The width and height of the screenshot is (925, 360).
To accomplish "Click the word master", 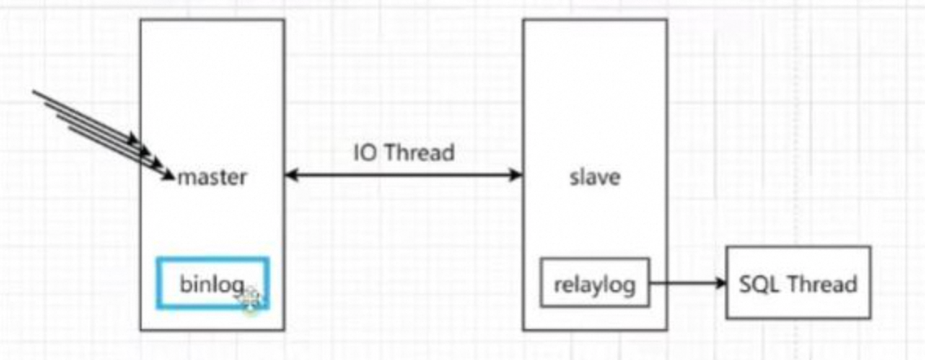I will [x=212, y=176].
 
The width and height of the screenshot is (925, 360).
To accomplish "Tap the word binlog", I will [x=211, y=284].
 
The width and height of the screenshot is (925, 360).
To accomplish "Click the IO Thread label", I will [x=403, y=152].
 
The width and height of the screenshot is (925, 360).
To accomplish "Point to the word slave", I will [x=594, y=176].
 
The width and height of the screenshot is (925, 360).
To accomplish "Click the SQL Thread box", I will [x=797, y=282].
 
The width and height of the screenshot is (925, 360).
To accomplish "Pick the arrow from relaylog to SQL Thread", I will [x=688, y=284].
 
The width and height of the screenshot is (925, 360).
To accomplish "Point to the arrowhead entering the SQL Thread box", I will [x=720, y=284].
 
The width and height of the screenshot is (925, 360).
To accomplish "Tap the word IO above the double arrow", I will [x=364, y=152].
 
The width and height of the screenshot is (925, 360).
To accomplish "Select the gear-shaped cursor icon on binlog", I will [x=251, y=298].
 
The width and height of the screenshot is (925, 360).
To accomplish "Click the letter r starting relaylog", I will [x=557, y=285].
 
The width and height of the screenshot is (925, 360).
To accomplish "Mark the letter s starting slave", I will [x=573, y=177].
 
